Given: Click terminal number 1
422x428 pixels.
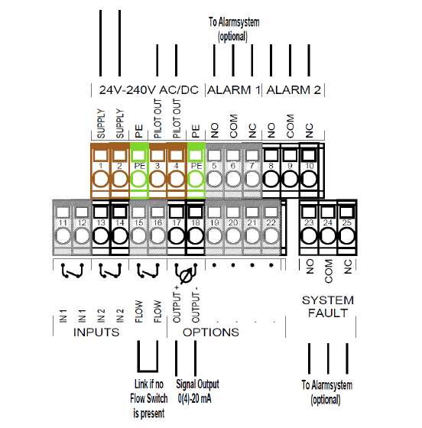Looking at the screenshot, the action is pos(100,170).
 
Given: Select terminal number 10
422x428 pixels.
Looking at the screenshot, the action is pos(309,170).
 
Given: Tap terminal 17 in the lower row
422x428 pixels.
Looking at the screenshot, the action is pos(177,228).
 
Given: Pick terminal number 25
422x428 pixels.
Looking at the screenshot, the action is pos(346,228).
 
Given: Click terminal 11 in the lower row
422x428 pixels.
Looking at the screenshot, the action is pos(63,228).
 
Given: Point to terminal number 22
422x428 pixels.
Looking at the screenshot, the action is pos(271,228).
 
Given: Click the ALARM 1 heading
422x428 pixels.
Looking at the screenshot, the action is pos(234,90).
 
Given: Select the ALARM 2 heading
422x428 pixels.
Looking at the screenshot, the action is pos(294,90).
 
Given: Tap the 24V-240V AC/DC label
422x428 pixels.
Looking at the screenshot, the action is pos(149,90).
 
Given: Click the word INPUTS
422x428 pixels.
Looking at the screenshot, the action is pos(96,332).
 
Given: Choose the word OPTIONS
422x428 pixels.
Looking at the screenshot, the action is pos(211,332).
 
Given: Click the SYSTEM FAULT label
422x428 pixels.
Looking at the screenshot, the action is pos(328,306).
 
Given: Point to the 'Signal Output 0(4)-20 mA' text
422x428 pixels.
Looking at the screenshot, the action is pos(197,391).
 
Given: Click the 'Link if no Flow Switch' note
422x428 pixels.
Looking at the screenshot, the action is pos(149,398).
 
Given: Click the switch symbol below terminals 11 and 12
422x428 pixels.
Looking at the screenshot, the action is pos(72,271).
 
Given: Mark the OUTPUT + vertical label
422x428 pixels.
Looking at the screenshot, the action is pos(177,304).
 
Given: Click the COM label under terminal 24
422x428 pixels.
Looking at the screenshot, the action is pos(328,271).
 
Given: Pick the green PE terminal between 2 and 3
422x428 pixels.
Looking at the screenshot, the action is pos(139,170).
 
